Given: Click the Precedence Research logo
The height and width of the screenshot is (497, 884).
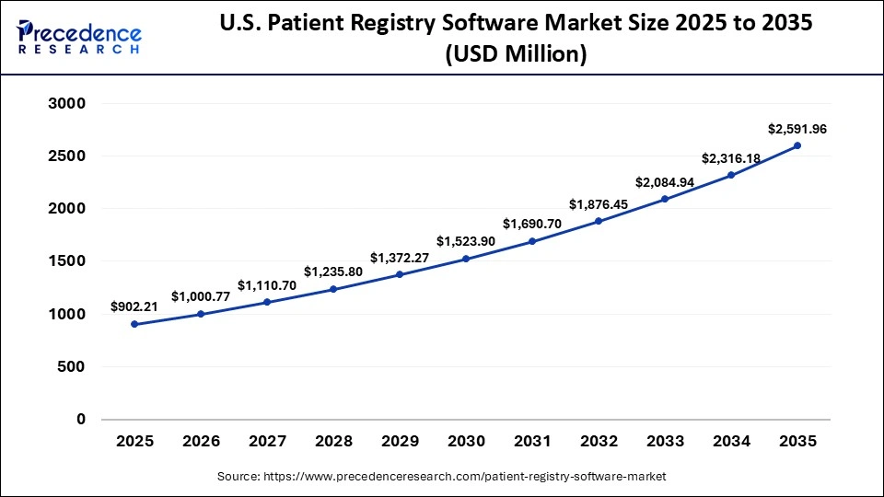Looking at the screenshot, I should pyautogui.click(x=79, y=37).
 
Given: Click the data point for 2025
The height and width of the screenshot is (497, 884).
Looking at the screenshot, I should pyautogui.click(x=135, y=324).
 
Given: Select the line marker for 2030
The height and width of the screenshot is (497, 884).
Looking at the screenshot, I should pyautogui.click(x=466, y=259).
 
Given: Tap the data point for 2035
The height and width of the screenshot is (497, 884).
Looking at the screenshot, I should pyautogui.click(x=797, y=145).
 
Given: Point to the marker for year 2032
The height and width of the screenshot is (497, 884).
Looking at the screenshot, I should pyautogui.click(x=599, y=221).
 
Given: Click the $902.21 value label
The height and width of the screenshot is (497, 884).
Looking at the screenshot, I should pyautogui.click(x=134, y=306).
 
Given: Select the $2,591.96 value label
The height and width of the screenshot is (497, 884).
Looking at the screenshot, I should pyautogui.click(x=797, y=129).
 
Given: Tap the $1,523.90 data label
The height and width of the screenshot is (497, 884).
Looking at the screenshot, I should pyautogui.click(x=466, y=241).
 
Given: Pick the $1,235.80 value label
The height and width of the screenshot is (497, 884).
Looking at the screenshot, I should pyautogui.click(x=333, y=272).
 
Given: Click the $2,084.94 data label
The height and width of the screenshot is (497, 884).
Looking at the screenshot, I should pyautogui.click(x=665, y=182).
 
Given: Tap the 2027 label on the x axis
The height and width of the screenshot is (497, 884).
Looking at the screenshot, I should pyautogui.click(x=267, y=442).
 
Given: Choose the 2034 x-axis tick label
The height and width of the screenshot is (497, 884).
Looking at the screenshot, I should pyautogui.click(x=730, y=442).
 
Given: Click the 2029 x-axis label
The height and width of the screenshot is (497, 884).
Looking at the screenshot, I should pyautogui.click(x=400, y=442).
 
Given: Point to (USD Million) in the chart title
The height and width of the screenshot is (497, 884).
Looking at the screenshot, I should pyautogui.click(x=516, y=54).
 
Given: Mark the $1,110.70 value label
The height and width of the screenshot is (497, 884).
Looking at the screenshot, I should pyautogui.click(x=267, y=285).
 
